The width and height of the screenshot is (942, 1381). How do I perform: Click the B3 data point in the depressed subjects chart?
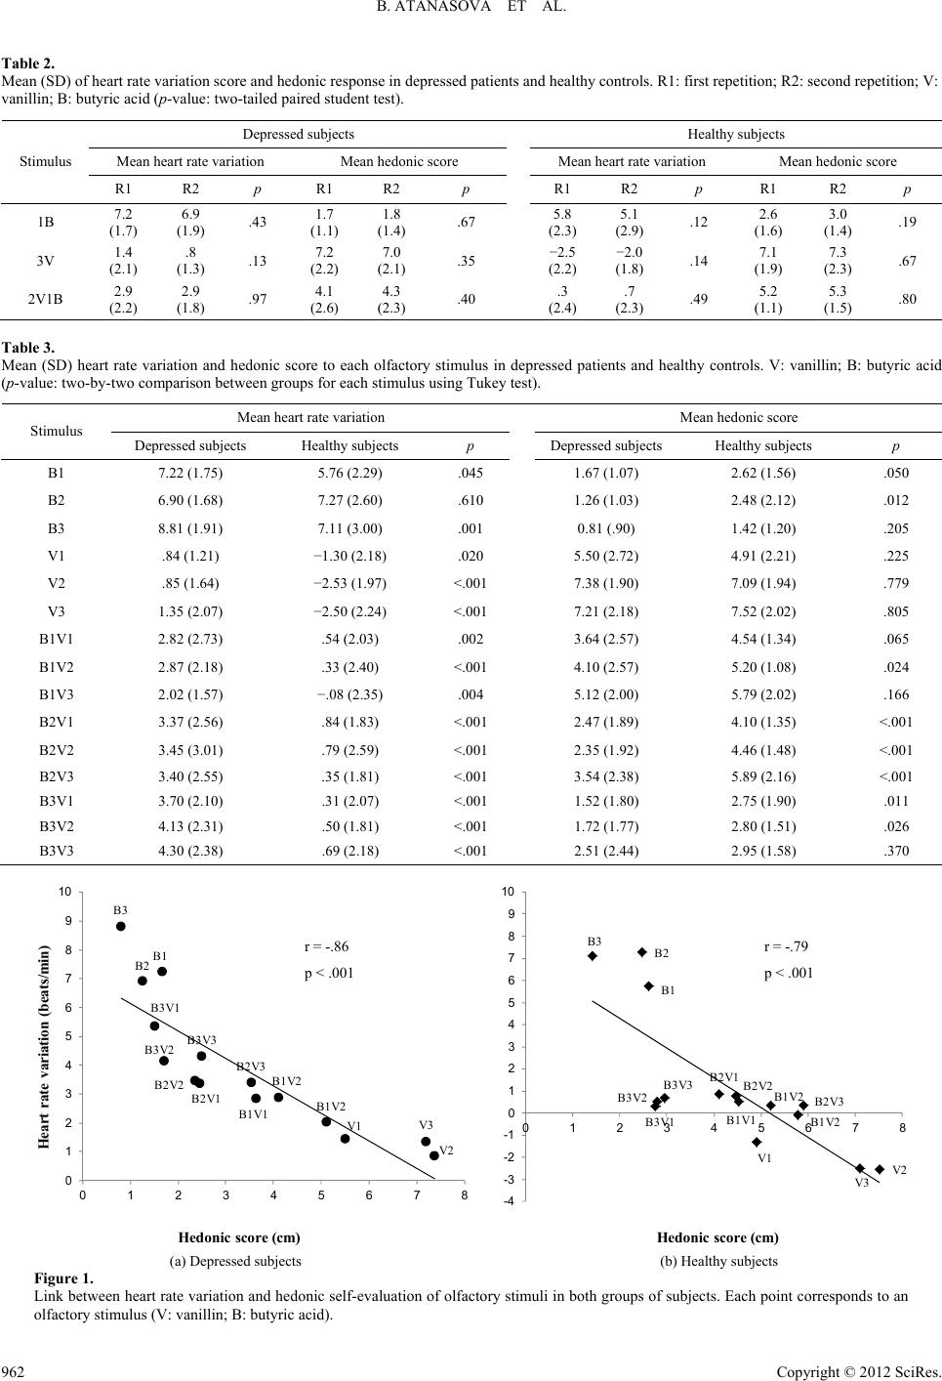click(121, 926)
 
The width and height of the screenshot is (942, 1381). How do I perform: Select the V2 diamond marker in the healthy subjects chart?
click(880, 1169)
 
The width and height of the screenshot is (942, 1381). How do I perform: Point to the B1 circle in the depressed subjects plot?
click(162, 971)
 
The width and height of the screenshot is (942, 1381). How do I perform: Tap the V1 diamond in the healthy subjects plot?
click(757, 1142)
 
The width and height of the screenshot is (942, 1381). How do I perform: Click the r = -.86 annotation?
click(326, 946)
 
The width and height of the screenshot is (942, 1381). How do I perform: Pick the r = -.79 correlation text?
click(786, 946)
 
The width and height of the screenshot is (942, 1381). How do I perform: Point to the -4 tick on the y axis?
click(508, 1201)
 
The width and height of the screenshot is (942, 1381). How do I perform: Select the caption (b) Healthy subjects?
click(718, 1261)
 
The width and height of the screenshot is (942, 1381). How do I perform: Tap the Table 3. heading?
click(28, 347)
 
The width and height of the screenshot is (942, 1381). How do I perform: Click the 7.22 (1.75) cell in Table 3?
click(190, 473)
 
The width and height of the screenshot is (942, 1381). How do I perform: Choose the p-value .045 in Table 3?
click(471, 473)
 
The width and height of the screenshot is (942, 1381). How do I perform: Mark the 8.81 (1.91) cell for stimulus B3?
click(190, 528)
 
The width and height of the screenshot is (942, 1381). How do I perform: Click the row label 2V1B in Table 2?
click(46, 299)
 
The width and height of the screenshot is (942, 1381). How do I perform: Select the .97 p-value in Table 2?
click(258, 299)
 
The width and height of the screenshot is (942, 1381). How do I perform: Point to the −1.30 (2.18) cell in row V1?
click(349, 556)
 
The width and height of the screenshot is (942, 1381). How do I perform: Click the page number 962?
click(13, 1371)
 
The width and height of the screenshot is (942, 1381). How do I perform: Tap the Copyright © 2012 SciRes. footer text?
click(858, 1371)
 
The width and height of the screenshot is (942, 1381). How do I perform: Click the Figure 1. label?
click(64, 1277)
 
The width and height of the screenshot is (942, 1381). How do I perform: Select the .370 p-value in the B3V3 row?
click(896, 851)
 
